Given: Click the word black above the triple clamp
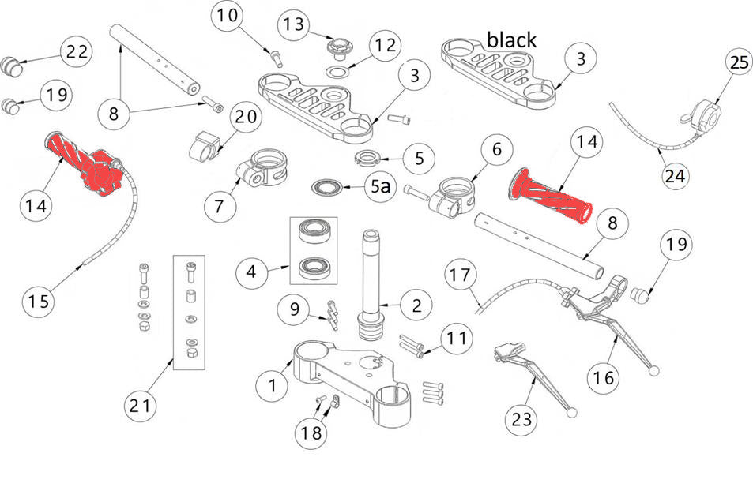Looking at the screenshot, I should click(x=511, y=39).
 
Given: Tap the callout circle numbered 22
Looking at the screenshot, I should click(x=77, y=53).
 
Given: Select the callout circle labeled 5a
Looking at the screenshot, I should click(x=381, y=188).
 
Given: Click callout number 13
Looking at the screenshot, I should click(x=294, y=24).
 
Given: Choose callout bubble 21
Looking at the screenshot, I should click(x=141, y=406).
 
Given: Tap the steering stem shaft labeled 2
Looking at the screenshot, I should click(x=373, y=285).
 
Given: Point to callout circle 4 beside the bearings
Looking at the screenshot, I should click(x=252, y=273).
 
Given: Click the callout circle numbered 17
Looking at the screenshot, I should click(x=462, y=276).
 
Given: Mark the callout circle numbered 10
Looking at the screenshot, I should click(x=226, y=17).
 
